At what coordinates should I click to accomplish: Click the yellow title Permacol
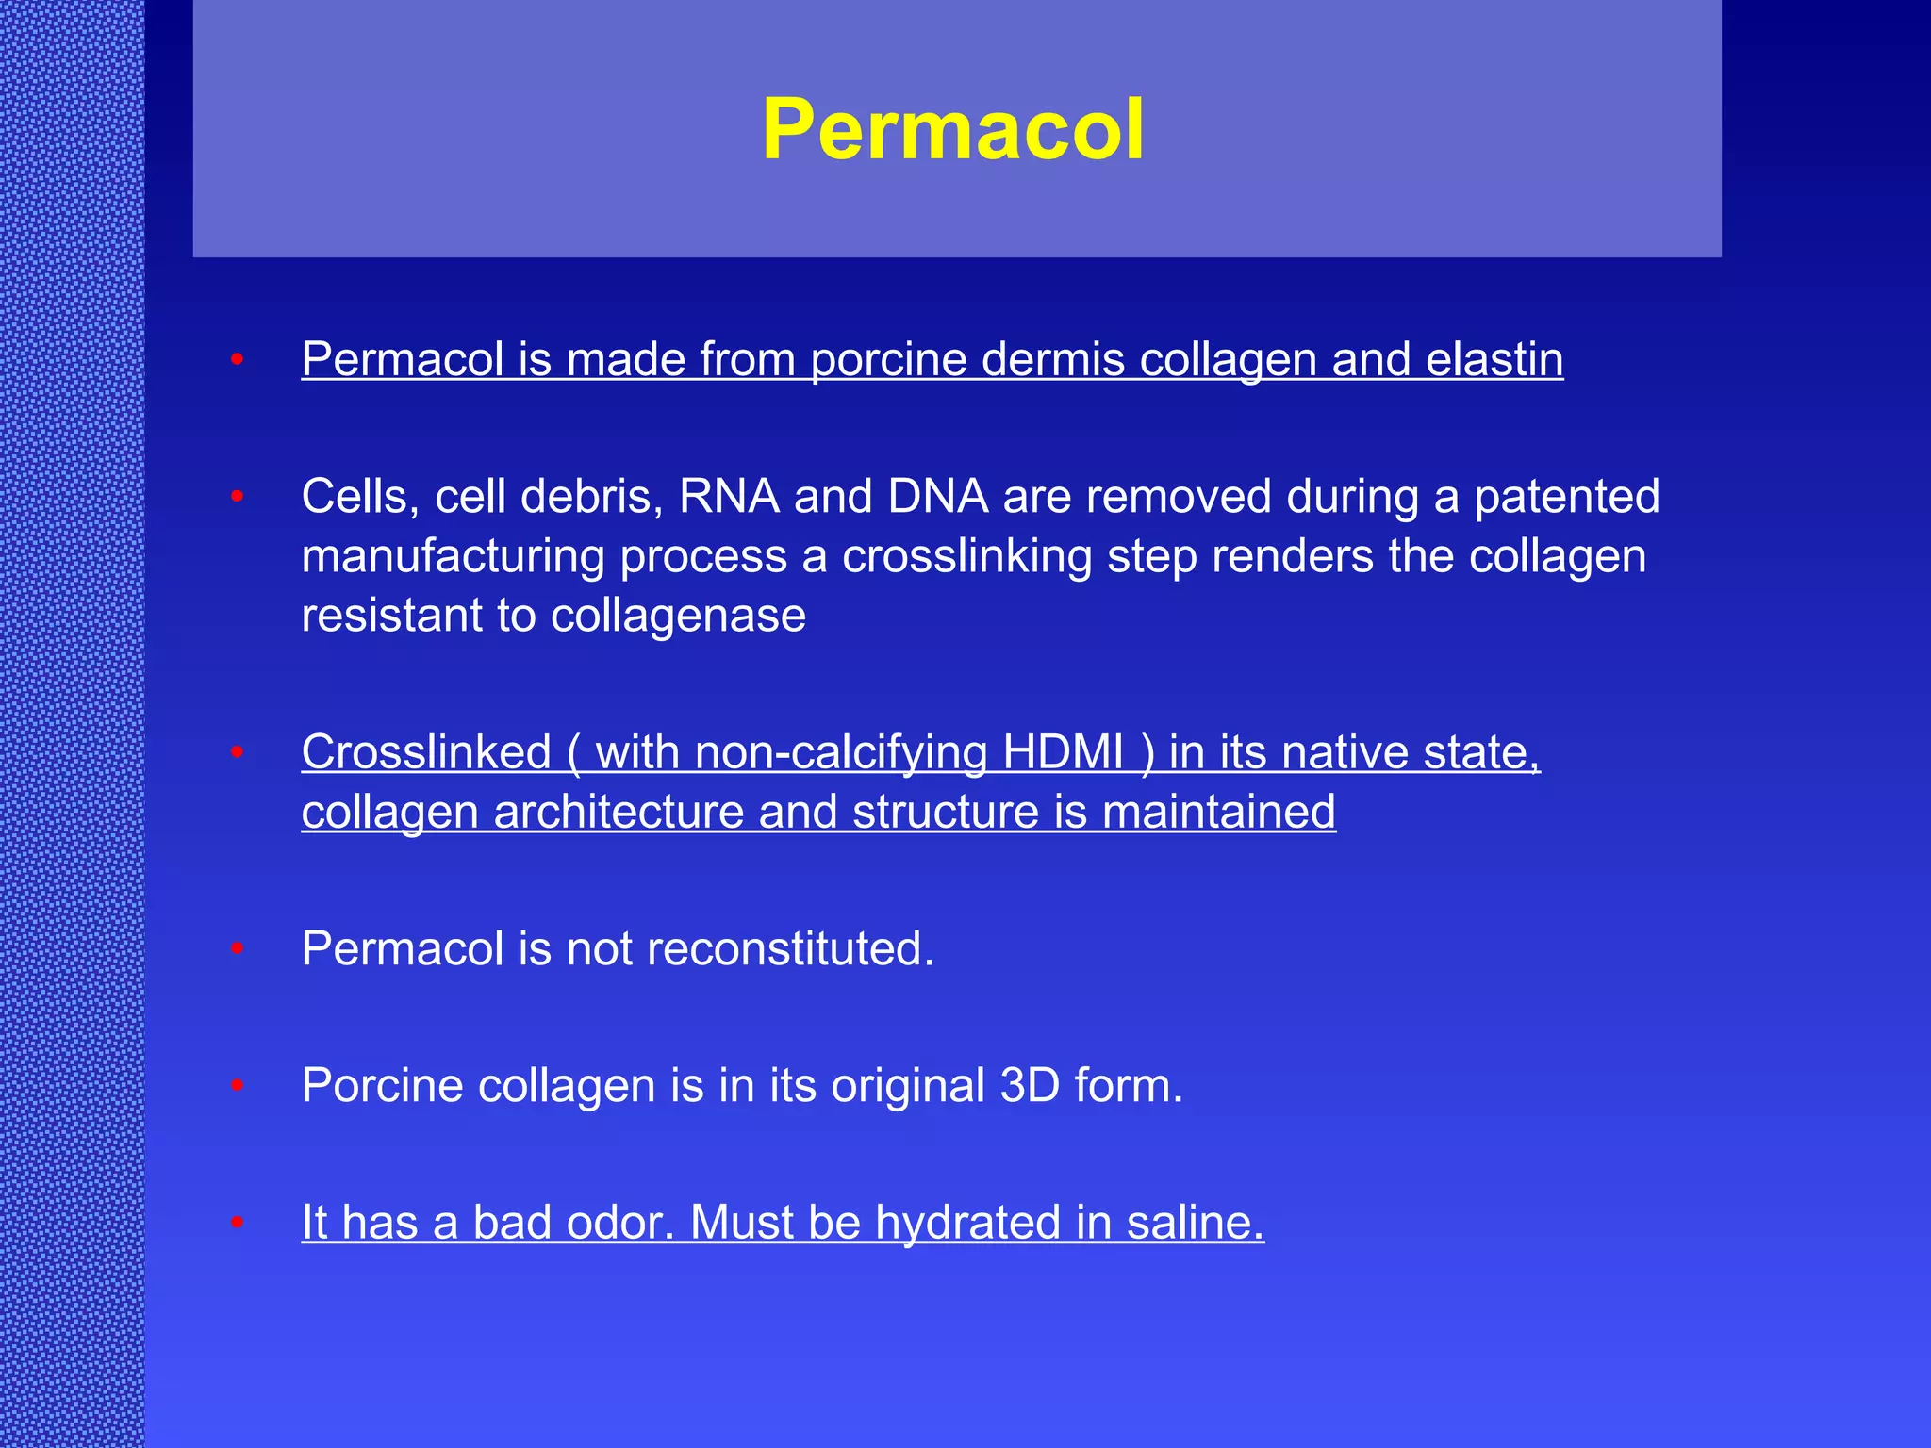pos(953,130)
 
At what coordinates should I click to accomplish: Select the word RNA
pos(729,496)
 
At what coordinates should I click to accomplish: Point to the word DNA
pos(937,496)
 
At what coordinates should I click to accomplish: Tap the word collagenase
pos(678,616)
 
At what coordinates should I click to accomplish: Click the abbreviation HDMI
pos(1063,752)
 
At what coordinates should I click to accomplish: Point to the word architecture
pos(619,812)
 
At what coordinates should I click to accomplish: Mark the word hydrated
pos(968,1222)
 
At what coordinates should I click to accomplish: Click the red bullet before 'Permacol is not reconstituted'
pos(238,948)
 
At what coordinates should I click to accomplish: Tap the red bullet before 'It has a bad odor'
pos(238,1223)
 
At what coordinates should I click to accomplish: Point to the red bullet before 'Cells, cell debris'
pos(238,496)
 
